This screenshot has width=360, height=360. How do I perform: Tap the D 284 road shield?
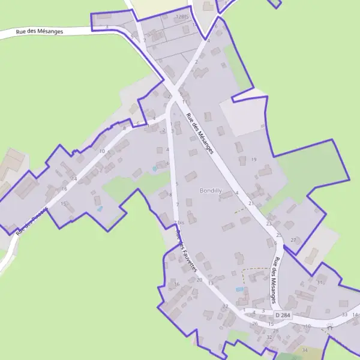tap(282, 315)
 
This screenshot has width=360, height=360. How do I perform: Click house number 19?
tap(254, 159)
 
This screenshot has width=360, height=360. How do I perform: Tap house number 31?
tap(320, 282)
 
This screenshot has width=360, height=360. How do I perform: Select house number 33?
tap(344, 314)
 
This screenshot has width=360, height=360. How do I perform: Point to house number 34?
tap(305, 350)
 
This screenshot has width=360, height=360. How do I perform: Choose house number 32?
tap(269, 337)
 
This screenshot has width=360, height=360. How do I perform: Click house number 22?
tap(226, 307)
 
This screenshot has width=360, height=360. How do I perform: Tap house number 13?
tap(211, 282)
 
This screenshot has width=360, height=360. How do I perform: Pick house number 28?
tap(276, 330)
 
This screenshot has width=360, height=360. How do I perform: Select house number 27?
tap(293, 240)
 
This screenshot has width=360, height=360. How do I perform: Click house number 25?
tap(278, 235)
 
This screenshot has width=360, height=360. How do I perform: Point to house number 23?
tap(269, 223)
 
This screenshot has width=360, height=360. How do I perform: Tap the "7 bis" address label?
tap(178, 223)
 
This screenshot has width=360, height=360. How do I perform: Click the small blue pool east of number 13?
tap(240, 289)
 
